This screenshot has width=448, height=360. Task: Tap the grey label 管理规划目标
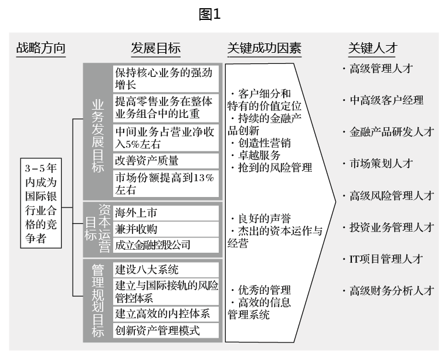[x=97, y=300]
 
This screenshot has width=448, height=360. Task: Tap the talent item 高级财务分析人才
[x=391, y=290]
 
